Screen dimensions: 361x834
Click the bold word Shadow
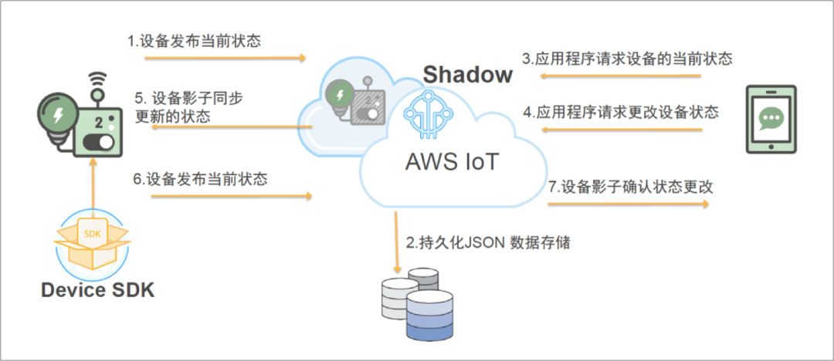tap(467, 74)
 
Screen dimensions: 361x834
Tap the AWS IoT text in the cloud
tap(453, 161)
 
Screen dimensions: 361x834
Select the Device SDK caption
tap(97, 290)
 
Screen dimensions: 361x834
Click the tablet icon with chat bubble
tap(771, 119)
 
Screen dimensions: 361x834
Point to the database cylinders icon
tap(412, 304)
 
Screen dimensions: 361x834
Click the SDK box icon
tap(92, 241)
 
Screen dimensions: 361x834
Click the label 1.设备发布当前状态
tap(194, 41)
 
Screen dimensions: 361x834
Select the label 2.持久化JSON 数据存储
tap(488, 242)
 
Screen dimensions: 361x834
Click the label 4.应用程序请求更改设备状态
tap(620, 112)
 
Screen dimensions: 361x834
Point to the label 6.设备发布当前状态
tap(200, 179)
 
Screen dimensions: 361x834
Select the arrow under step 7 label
tap(628, 204)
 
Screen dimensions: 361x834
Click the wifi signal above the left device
tap(97, 79)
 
